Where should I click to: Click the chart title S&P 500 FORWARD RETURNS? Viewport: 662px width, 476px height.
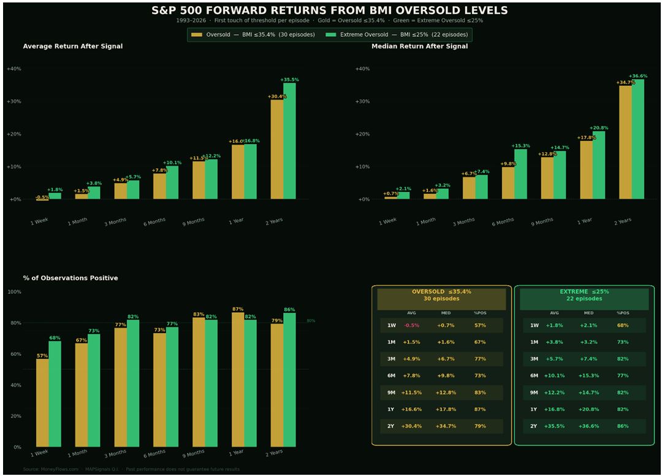(x=330, y=10)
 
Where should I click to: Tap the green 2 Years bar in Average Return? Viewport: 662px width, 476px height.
(x=289, y=141)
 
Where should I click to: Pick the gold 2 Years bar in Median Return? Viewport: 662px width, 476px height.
(x=625, y=142)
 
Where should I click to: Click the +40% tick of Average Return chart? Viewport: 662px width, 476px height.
(x=13, y=69)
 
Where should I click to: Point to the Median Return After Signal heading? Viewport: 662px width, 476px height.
(x=419, y=47)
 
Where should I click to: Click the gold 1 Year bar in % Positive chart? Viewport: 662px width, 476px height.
(x=238, y=380)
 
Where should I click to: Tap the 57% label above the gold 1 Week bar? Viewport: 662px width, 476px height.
(x=42, y=356)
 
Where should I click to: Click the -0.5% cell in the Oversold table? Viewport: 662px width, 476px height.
(x=412, y=326)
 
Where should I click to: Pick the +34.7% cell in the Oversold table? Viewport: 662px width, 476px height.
(x=446, y=426)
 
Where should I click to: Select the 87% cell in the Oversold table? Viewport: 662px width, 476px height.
(x=479, y=409)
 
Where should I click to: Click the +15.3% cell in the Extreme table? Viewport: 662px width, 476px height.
(x=588, y=376)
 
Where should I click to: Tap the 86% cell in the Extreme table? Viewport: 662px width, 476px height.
(x=623, y=426)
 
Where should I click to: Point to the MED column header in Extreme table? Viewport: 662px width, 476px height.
(x=588, y=313)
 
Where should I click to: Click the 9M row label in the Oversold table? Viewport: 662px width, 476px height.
(x=392, y=393)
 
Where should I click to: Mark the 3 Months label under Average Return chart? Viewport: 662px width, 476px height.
(x=115, y=221)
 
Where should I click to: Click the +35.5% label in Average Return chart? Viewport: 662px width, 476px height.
(x=289, y=80)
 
